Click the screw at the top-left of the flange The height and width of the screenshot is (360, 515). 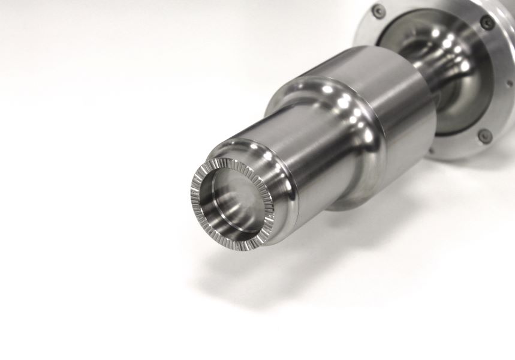coord(378,11)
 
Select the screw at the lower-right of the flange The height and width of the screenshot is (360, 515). coord(484,136)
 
